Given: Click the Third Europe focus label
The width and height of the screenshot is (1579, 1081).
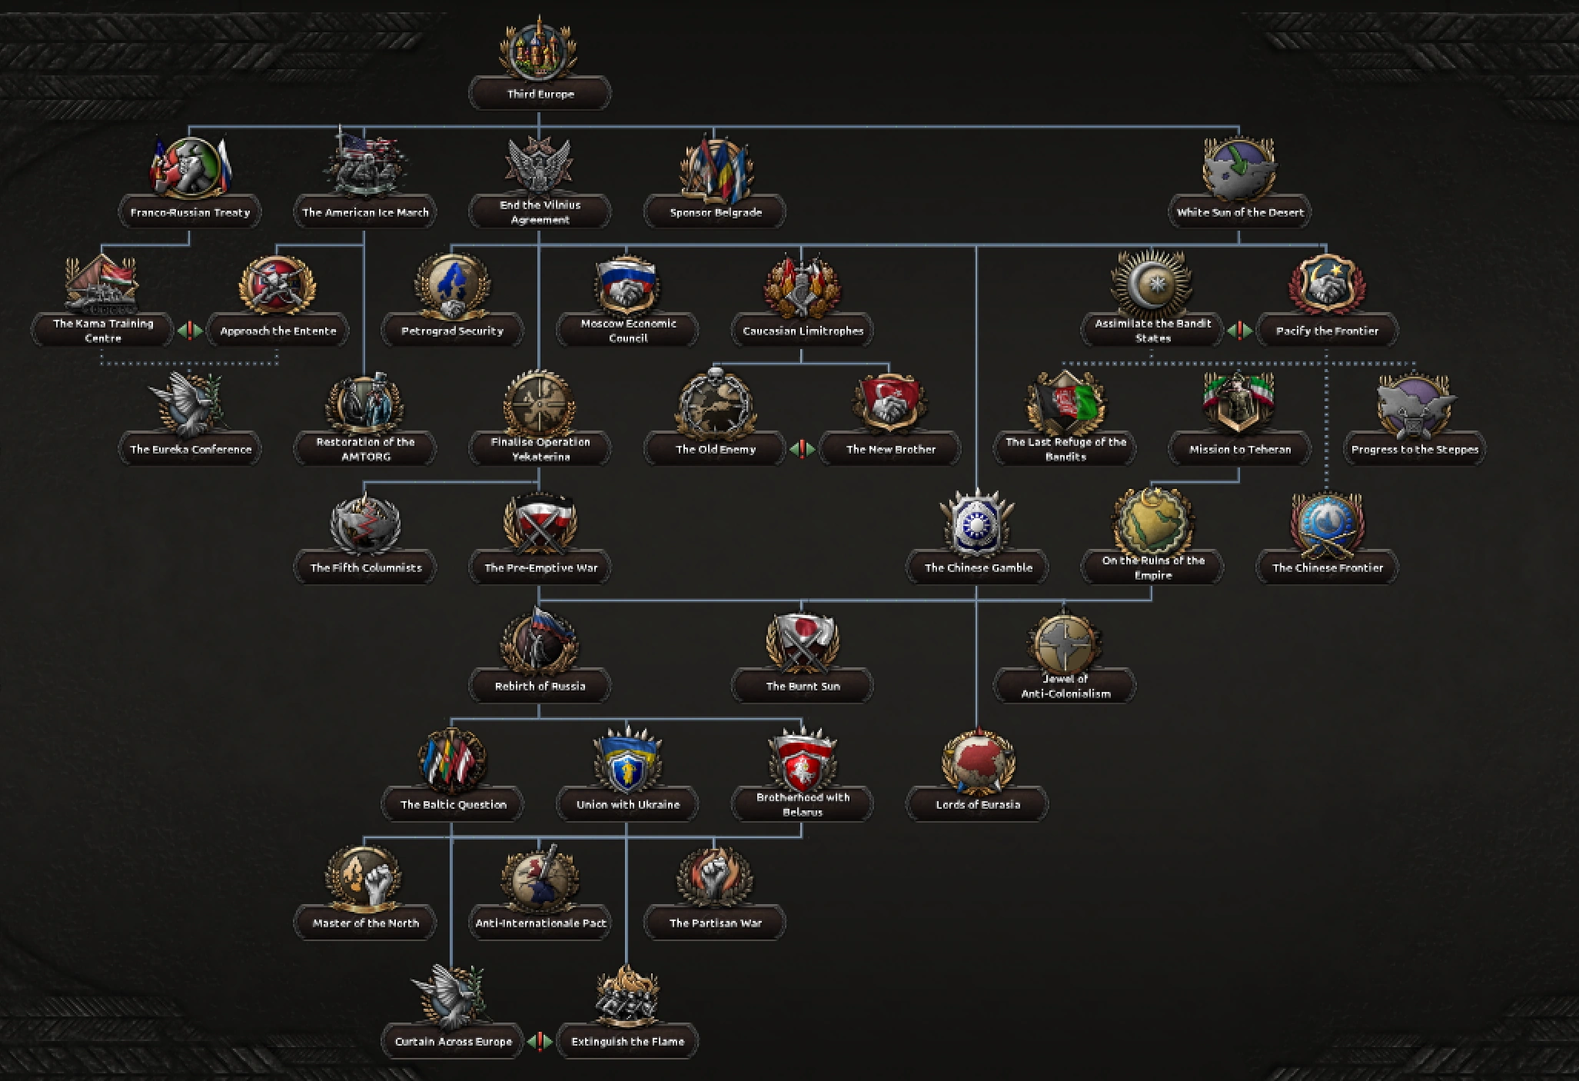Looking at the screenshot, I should coord(540,94).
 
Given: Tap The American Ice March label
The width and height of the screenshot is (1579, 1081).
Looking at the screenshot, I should coord(365,212).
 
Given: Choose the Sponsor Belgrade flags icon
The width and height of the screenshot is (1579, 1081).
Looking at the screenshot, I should coord(715,168).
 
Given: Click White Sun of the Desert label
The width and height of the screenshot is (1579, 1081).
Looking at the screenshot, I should coord(1239,212).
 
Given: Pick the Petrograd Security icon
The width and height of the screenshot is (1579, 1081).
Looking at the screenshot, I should coord(452,286).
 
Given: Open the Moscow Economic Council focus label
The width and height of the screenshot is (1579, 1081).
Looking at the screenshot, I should coord(628,331).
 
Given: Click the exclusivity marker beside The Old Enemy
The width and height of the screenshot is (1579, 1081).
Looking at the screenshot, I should coord(803,449).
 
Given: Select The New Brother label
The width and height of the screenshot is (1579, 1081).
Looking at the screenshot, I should coord(890,449).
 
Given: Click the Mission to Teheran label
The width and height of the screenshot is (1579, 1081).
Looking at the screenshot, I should coord(1239,449).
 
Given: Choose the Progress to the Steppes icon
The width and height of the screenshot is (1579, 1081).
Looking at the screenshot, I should coord(1414,404).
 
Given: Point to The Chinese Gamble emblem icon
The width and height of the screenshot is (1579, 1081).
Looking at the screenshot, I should coord(977,524).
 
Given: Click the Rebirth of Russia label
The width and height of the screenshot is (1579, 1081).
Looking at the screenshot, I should coord(540,686).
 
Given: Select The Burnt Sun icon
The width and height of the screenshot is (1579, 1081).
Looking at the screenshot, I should coord(803,642).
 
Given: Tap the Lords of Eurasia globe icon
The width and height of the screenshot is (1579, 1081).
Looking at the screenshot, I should coord(977,761).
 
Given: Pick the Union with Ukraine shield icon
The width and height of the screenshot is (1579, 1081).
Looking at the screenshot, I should coord(627,761).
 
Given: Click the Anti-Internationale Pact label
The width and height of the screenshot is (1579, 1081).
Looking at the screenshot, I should coord(540,923).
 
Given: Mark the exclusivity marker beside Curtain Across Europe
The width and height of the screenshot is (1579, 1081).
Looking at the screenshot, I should coord(540,1042).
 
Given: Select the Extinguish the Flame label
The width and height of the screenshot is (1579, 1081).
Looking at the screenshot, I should coord(627,1042).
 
